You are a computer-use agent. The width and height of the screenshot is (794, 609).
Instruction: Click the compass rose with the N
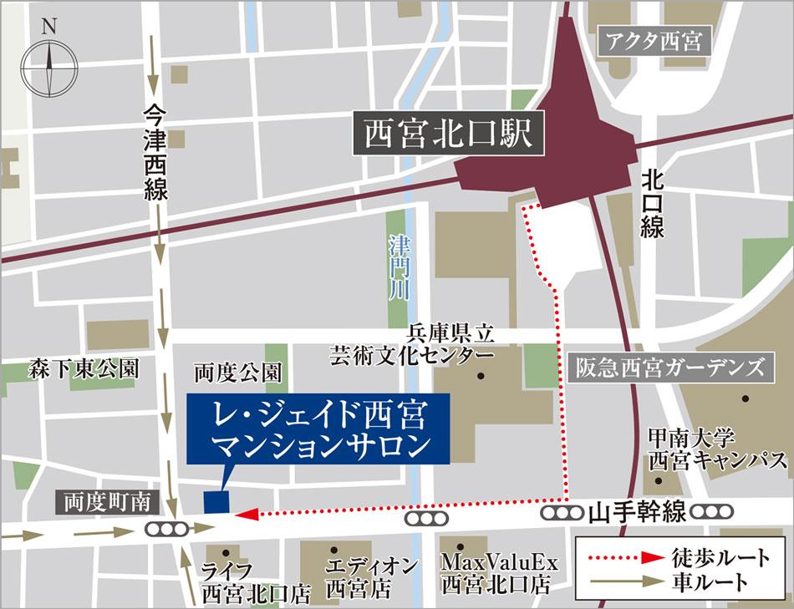click(48, 63)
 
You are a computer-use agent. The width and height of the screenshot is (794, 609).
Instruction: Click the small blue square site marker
click(216, 502)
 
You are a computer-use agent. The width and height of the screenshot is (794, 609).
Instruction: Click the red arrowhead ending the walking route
click(246, 515)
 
